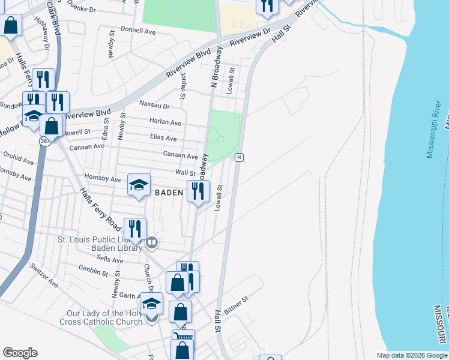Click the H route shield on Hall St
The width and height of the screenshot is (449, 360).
tap(239, 157)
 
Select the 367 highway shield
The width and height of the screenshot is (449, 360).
tap(44, 140)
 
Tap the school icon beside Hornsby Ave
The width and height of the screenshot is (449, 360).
tap(139, 185)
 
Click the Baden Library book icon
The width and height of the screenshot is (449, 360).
tap(152, 242)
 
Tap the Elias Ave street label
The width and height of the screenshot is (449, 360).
tap(163, 138)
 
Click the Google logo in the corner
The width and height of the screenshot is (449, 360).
tap(20, 353)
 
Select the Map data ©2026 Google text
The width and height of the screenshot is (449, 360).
tap(412, 355)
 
